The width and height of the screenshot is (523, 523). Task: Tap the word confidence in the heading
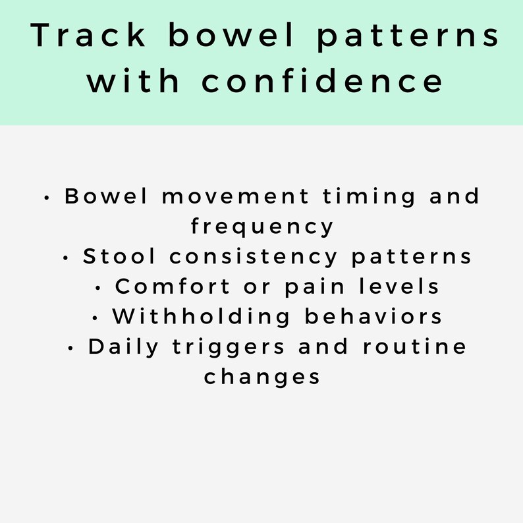click(322, 82)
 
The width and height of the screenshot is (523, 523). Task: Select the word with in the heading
click(134, 82)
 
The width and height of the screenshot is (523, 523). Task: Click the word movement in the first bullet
click(234, 197)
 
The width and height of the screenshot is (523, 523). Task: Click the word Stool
click(120, 257)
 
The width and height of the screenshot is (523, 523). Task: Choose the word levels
click(399, 287)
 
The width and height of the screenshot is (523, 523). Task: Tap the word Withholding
click(201, 317)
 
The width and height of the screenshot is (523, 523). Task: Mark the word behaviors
click(373, 317)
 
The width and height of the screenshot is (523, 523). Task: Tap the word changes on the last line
click(261, 377)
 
